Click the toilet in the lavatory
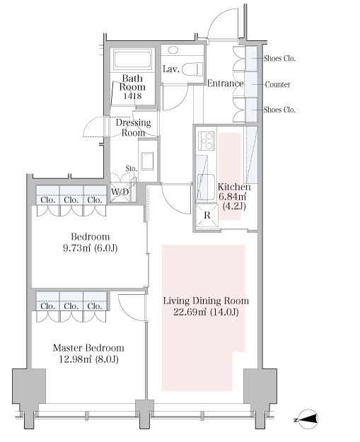coord(192,69)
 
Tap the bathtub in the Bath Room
coord(132,59)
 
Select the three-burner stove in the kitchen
coord(207,141)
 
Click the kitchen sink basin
coord(205,186)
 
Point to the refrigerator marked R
coord(207,215)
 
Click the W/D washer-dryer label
coord(120,192)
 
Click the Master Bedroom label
coord(88,348)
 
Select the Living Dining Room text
coord(206,301)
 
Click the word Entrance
coord(225,83)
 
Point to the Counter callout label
coord(278,84)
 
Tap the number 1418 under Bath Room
coord(132,96)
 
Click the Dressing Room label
coord(134,127)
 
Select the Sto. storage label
coord(132,169)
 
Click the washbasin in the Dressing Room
coord(147,161)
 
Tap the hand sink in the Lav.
coord(173,50)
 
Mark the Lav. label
coord(171,69)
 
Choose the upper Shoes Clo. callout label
coord(279,59)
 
